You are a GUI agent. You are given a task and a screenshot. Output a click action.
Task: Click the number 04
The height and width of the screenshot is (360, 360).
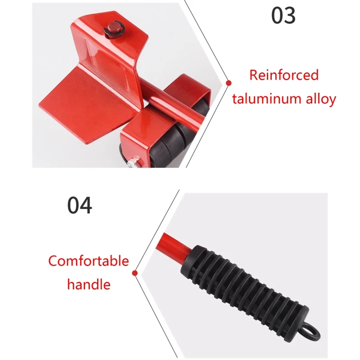pyautogui.click(x=80, y=205)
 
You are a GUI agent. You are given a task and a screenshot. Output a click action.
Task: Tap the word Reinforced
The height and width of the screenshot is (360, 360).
pyautogui.click(x=284, y=75)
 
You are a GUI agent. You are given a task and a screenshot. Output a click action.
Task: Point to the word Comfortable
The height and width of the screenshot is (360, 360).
pyautogui.click(x=89, y=261)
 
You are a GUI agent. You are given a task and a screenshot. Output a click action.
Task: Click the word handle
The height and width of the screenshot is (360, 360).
pyautogui.click(x=89, y=284)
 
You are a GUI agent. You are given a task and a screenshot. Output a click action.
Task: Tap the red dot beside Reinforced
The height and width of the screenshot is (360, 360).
pyautogui.click(x=229, y=83)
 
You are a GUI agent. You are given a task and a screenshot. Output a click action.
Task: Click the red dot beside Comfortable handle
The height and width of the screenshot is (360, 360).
pyautogui.click(x=134, y=273)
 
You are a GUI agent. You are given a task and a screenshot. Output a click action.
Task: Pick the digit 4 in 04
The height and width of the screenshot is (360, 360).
pyautogui.click(x=85, y=205)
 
